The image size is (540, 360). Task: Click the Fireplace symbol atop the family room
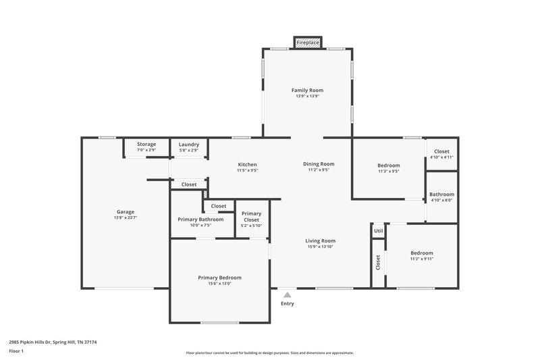coord(307,43)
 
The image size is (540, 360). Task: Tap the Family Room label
coord(307,90)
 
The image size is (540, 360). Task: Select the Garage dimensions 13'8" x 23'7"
coord(125,218)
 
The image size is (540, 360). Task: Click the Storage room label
coord(146,144)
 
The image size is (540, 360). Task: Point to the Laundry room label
coord(188,144)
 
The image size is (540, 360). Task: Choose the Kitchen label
coord(247,164)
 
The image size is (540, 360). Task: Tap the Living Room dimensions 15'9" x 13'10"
coord(320,247)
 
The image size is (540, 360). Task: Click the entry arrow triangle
coord(287,294)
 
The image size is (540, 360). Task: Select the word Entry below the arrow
coord(287,303)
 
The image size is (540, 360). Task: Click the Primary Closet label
coord(251,216)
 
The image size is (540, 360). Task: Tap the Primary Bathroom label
coord(200,219)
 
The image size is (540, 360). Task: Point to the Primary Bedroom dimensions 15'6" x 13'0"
coord(219,284)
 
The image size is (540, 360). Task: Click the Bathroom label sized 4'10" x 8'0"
coord(441,194)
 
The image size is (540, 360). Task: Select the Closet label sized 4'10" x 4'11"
coord(441,151)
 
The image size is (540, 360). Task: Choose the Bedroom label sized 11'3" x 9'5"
coord(388,165)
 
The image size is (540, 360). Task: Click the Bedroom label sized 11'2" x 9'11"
coord(421,253)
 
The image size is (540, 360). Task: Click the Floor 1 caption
coord(16,351)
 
